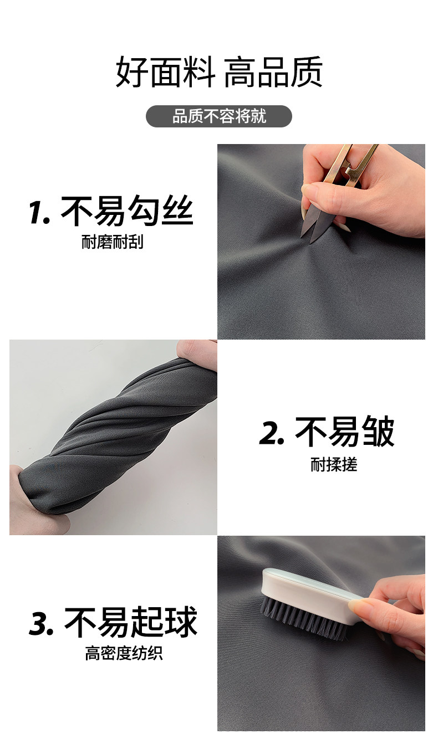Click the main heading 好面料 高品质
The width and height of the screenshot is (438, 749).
tap(219, 72)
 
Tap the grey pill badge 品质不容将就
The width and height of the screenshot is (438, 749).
tap(219, 116)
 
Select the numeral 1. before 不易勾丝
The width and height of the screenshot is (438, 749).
tap(39, 212)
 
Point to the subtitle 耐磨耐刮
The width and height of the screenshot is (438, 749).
tap(113, 242)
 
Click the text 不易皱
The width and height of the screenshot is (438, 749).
tap(345, 432)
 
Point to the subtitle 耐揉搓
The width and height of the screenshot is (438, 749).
tap(334, 464)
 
